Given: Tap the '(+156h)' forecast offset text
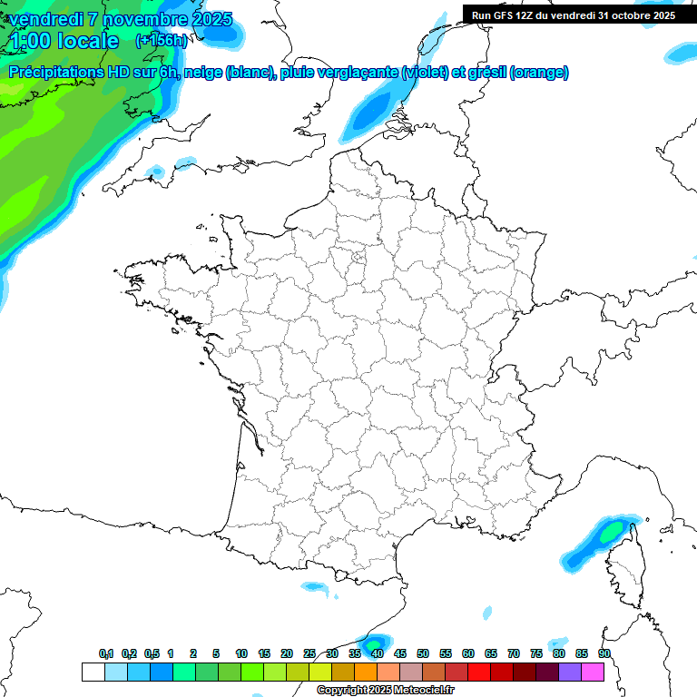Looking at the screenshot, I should pyautogui.click(x=161, y=41).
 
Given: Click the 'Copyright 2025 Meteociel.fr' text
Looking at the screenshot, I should pyautogui.click(x=385, y=691).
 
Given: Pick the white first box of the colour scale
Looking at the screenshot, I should pyautogui.click(x=93, y=672).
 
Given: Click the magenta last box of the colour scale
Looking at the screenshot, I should pyautogui.click(x=593, y=672).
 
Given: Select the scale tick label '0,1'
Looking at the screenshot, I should pyautogui.click(x=106, y=653).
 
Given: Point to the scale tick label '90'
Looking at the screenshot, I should pyautogui.click(x=604, y=653).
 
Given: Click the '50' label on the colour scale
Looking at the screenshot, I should pyautogui.click(x=423, y=653).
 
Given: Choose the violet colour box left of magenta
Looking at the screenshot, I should pyautogui.click(x=570, y=672).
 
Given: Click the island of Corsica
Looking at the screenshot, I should pyautogui.click(x=623, y=567).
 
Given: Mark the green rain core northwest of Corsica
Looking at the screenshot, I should pyautogui.click(x=612, y=531).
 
